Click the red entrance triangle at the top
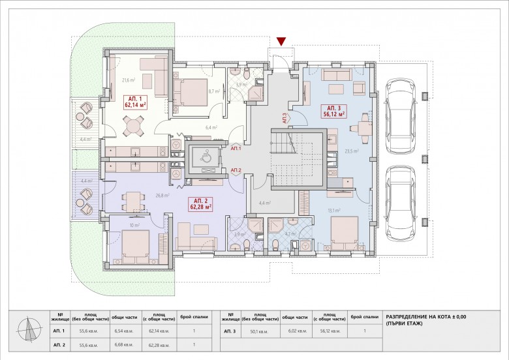[281, 42]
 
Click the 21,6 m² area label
[127, 81]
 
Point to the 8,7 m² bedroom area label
[213, 92]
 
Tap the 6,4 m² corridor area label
[210, 128]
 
